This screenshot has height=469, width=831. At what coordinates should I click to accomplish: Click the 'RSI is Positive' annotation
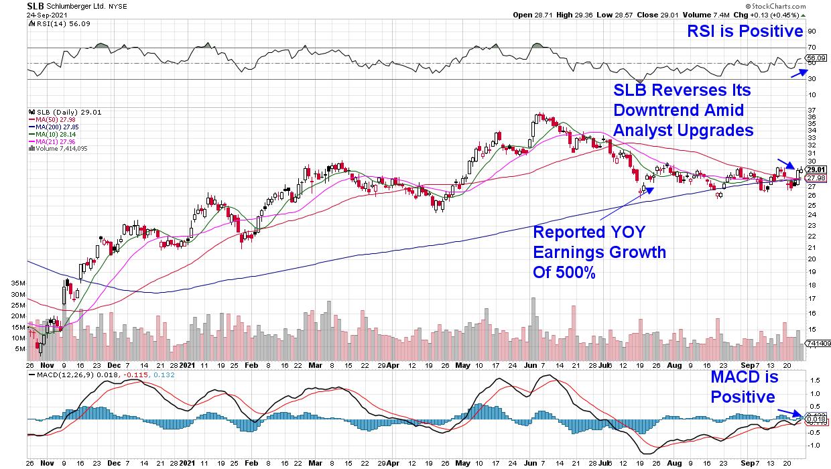(745, 31)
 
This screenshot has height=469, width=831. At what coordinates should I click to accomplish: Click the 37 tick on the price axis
(811, 110)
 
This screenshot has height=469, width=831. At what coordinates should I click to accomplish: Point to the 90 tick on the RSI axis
(811, 31)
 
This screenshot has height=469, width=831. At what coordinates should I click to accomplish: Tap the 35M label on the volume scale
(17, 283)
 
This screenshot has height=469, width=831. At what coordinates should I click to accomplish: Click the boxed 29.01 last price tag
(814, 170)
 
